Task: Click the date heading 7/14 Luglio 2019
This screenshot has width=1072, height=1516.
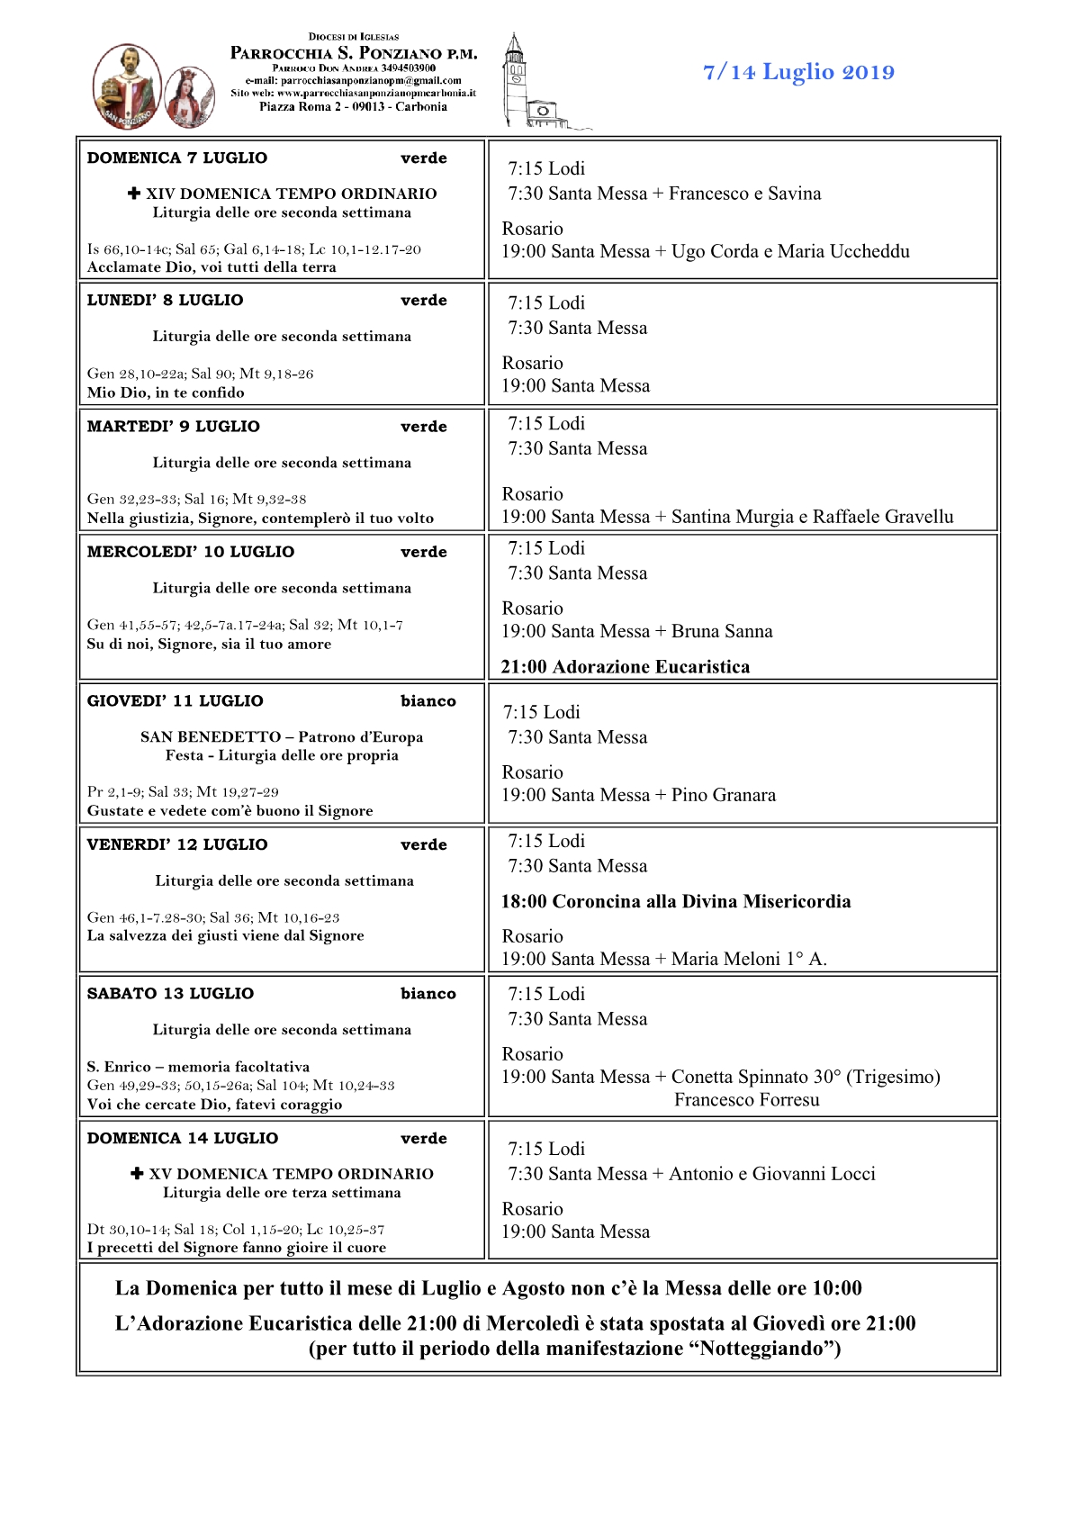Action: tap(798, 72)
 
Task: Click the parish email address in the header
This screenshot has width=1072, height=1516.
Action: tap(353, 80)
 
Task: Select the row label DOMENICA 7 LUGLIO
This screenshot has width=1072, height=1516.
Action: tap(177, 158)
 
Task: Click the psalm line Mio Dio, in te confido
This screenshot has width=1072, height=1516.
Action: tap(166, 393)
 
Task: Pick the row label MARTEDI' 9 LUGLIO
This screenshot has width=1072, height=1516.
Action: tap(174, 427)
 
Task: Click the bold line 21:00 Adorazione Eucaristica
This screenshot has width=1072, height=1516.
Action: tap(626, 667)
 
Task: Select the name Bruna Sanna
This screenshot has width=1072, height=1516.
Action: tap(722, 632)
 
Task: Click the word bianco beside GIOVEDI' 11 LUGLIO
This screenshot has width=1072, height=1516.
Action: tap(428, 701)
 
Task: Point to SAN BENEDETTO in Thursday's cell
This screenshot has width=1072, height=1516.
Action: tap(211, 737)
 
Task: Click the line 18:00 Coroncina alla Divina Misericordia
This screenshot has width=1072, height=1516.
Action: tap(676, 902)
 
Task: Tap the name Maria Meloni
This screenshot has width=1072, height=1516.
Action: tap(725, 960)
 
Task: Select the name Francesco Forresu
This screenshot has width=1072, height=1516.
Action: tap(747, 1100)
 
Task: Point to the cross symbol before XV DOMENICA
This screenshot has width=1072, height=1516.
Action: tap(137, 1174)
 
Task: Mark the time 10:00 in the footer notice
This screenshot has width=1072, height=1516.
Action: tap(837, 1289)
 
